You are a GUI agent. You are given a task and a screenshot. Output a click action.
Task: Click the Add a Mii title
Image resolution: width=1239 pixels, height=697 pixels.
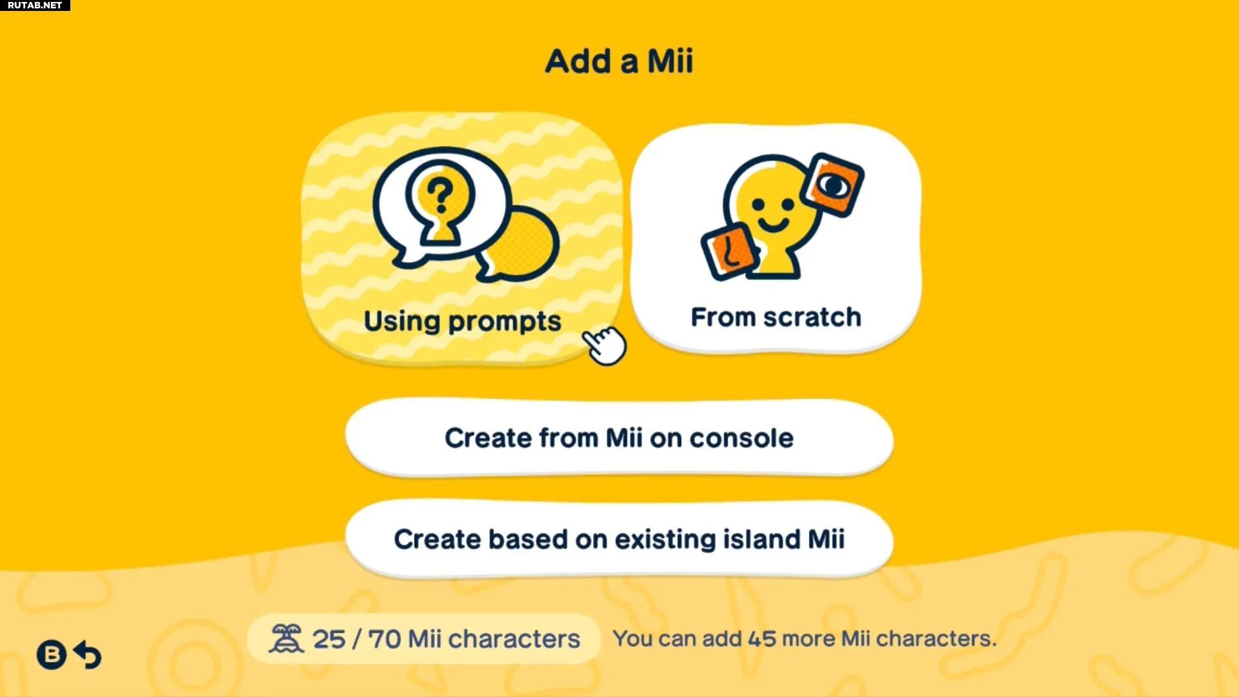(x=619, y=61)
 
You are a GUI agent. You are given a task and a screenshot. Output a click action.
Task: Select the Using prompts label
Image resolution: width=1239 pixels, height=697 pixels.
(x=462, y=321)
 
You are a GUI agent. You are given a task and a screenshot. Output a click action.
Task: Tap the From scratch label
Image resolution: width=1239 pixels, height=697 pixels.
(x=776, y=318)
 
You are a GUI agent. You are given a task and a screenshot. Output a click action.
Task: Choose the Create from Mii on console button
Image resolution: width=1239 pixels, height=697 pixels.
(x=619, y=438)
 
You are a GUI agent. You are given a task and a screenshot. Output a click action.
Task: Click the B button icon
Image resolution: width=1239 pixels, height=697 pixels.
(x=52, y=655)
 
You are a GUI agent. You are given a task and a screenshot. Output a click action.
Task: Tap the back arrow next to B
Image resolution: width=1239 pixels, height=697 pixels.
(x=88, y=655)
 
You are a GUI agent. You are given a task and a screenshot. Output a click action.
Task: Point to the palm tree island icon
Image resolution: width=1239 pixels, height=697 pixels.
(x=286, y=639)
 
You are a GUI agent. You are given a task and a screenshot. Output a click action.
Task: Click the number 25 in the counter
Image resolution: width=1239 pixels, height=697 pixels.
(x=329, y=640)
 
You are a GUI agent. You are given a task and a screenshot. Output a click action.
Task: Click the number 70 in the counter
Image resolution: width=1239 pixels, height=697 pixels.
(x=385, y=640)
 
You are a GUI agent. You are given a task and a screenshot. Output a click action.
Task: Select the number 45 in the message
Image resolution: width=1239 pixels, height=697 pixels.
(x=762, y=639)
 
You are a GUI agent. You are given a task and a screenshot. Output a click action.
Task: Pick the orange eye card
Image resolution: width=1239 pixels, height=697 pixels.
(x=832, y=185)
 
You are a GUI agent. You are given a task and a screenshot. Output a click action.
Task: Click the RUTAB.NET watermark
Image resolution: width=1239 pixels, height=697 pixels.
(x=35, y=5)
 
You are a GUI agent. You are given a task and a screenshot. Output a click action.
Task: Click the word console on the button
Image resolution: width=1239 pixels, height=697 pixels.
(x=741, y=439)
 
